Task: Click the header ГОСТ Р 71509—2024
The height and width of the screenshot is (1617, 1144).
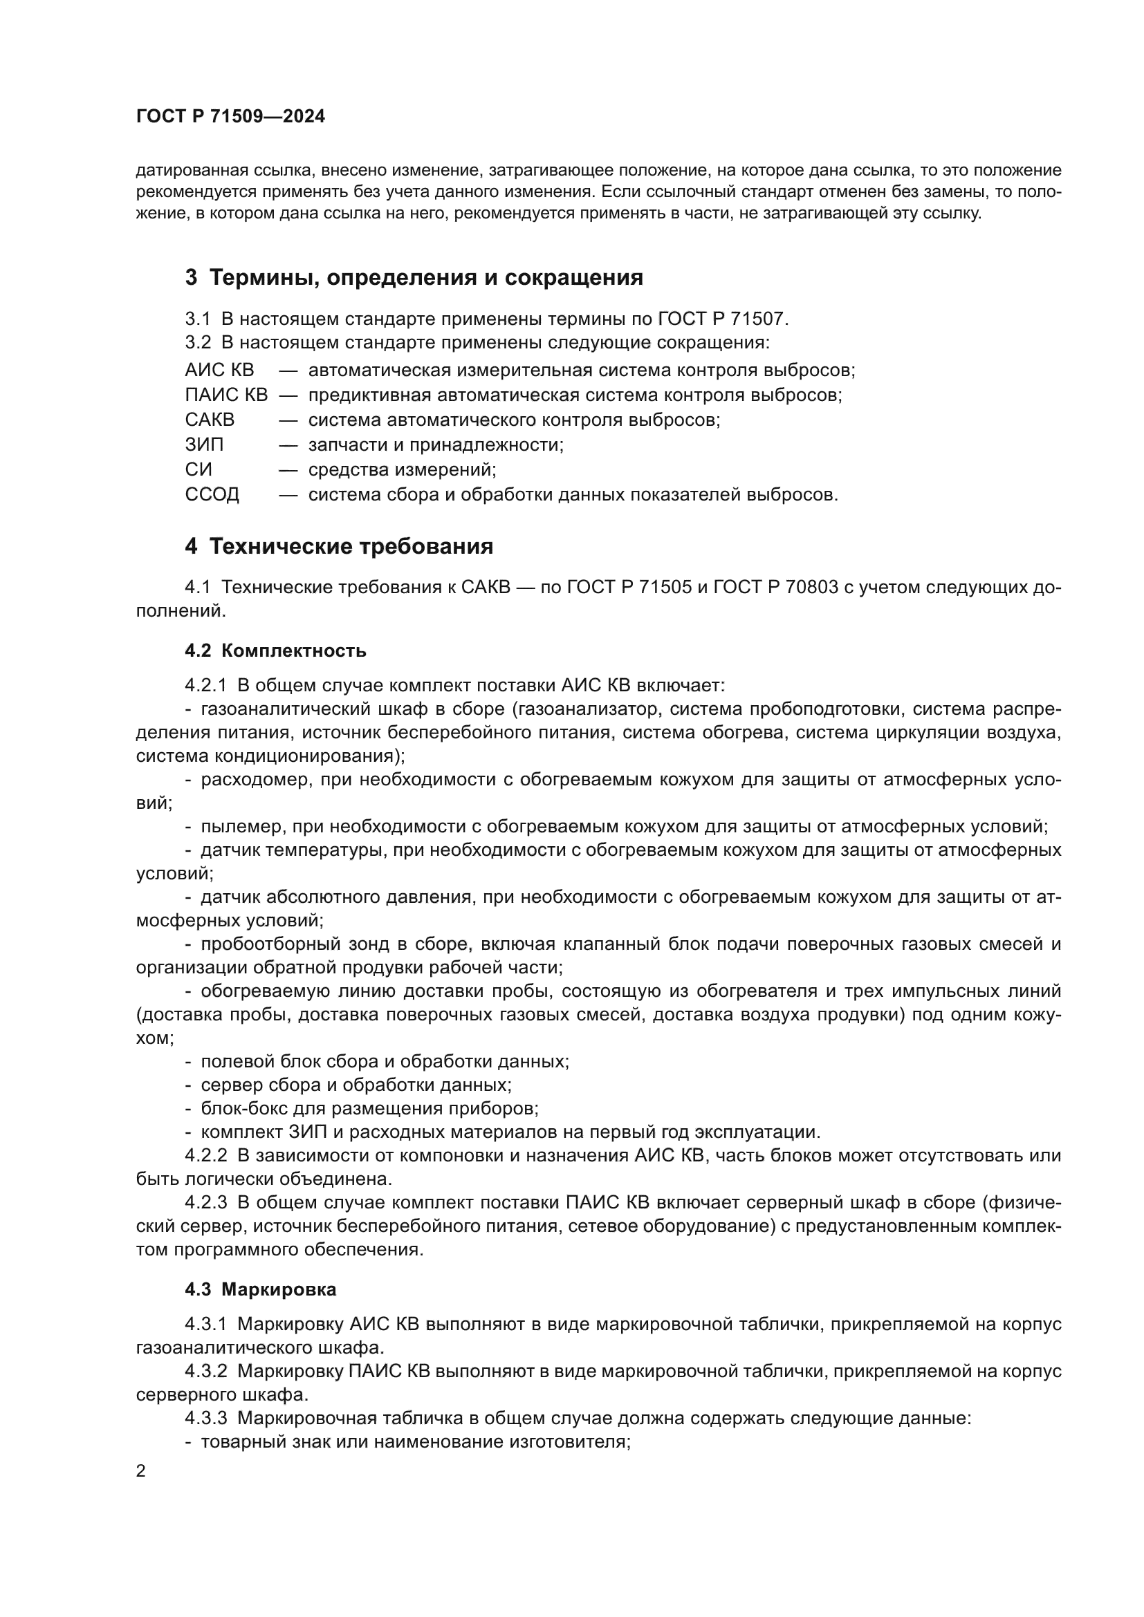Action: [x=230, y=117]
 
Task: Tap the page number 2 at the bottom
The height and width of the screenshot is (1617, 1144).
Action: [x=141, y=1470]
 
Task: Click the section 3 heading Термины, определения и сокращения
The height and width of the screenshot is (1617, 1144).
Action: [x=414, y=277]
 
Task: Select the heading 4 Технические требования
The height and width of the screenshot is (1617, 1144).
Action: [x=339, y=546]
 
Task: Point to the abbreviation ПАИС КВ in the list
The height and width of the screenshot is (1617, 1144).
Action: [x=226, y=395]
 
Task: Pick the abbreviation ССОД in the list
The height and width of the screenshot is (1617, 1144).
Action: [x=212, y=494]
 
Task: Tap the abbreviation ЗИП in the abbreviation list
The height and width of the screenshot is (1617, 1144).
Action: [x=204, y=445]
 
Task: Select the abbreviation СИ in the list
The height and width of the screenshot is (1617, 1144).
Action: [x=198, y=469]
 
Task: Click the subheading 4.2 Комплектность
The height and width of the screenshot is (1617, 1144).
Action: [x=275, y=650]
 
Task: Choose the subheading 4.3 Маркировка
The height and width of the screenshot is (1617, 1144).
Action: [x=261, y=1289]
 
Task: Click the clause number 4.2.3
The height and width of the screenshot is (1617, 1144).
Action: [x=205, y=1202]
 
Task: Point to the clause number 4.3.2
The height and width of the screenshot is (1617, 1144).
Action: [x=205, y=1371]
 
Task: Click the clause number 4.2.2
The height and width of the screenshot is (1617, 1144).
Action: [x=205, y=1155]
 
